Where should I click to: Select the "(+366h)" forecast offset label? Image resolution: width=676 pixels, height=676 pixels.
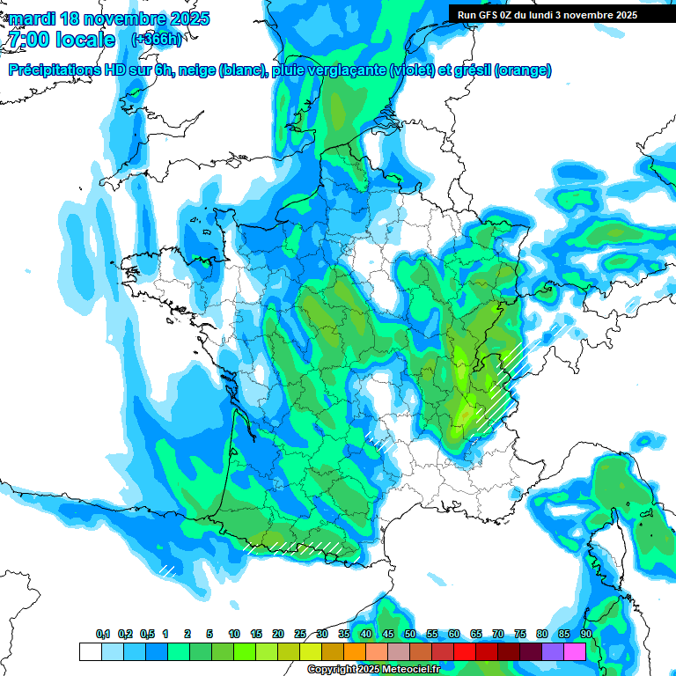coord(156,40)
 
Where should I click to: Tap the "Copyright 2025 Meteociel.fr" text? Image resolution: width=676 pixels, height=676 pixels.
coord(373,670)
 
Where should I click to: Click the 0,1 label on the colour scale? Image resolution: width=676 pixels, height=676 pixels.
coord(103,635)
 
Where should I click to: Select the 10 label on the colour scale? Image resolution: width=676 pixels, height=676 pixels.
coord(234,635)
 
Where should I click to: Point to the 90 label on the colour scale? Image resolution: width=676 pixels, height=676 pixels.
coord(586,635)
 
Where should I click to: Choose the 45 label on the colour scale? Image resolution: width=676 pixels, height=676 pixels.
coord(388,635)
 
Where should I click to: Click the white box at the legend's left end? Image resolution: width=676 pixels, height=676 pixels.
coord(90,651)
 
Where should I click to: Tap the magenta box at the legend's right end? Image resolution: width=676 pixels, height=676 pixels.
coord(575,651)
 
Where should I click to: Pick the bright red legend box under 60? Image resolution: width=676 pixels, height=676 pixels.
coord(464,651)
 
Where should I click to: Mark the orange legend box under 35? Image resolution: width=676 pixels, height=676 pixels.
coord(354,651)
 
